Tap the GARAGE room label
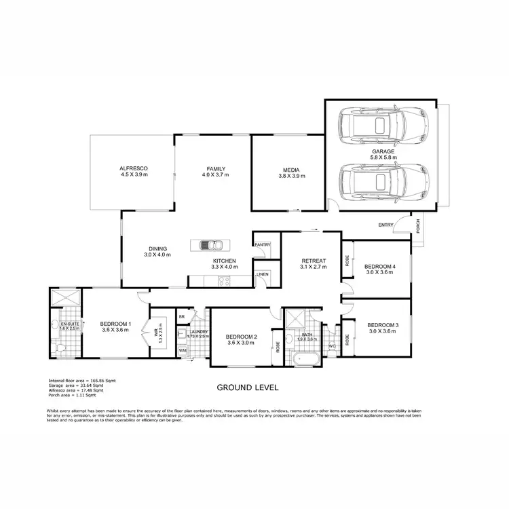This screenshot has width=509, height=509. point(383,151)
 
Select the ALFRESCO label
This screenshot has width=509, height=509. point(134,168)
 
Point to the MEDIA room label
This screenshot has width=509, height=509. point(292,170)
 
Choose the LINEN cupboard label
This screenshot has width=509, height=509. point(262,274)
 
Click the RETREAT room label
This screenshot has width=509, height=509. point(314,261)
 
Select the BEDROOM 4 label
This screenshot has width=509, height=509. point(380,266)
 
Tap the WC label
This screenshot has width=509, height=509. point(331,346)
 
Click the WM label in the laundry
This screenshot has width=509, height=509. point(182,350)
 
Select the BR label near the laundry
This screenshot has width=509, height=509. point(181,317)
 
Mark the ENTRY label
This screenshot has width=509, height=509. point(385,225)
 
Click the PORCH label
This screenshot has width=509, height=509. point(417,225)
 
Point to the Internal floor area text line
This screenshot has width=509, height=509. point(76,381)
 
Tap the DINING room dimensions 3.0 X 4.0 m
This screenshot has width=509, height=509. point(157,254)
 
